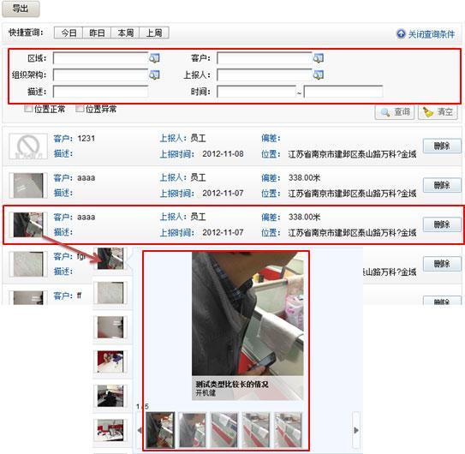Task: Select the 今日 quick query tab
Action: (x=68, y=33)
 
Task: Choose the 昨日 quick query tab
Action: (x=97, y=33)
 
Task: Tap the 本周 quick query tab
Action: (x=125, y=33)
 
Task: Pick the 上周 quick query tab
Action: (x=153, y=33)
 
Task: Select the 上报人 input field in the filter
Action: (x=264, y=75)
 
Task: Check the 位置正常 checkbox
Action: (x=28, y=109)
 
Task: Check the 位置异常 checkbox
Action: (x=80, y=109)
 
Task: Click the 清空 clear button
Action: (x=440, y=112)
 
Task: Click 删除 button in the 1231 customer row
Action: (x=441, y=146)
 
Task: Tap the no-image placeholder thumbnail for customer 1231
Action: (x=27, y=146)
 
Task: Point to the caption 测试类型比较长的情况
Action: (x=231, y=385)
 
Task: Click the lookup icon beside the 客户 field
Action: (x=318, y=58)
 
